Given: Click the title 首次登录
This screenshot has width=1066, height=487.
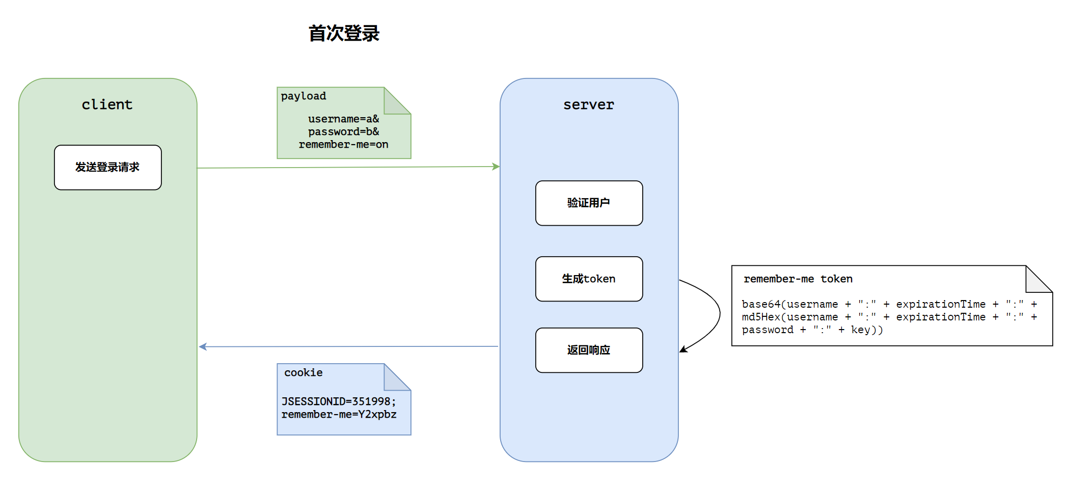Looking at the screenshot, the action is [x=344, y=34].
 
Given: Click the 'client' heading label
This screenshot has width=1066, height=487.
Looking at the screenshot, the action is [x=107, y=104].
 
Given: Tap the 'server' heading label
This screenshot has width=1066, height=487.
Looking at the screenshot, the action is [x=589, y=104].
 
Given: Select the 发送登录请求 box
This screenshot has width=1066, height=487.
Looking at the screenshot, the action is [x=108, y=168].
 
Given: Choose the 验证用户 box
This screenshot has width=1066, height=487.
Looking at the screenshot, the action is [x=589, y=203].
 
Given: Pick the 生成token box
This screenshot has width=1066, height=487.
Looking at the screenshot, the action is [x=589, y=279].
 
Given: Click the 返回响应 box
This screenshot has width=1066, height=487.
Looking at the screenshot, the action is [x=589, y=350].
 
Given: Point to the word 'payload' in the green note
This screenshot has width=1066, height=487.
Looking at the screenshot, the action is [x=304, y=96].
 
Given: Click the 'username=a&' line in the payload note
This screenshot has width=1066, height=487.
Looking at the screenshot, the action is [x=344, y=119].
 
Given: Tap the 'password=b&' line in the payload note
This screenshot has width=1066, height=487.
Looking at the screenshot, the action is [x=344, y=131].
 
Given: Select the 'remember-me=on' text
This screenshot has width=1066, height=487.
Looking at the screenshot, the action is [x=344, y=144].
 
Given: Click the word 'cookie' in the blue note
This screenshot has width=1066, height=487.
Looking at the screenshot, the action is [x=304, y=372].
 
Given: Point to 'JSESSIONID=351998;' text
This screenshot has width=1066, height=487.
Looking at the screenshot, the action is [x=339, y=401].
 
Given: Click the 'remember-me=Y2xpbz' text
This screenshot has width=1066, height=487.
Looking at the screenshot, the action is [x=339, y=414].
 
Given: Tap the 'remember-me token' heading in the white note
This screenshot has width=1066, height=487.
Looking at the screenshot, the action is [x=798, y=279].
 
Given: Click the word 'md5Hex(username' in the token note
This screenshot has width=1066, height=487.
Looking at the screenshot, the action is [x=790, y=317].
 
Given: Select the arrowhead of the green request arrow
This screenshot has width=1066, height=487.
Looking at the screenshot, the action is [x=496, y=167].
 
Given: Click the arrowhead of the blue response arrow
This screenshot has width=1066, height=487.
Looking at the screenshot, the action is [x=203, y=347].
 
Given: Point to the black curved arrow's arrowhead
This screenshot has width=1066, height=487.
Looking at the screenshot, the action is [x=684, y=349].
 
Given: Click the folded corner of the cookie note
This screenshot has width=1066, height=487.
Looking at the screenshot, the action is [x=397, y=377].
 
